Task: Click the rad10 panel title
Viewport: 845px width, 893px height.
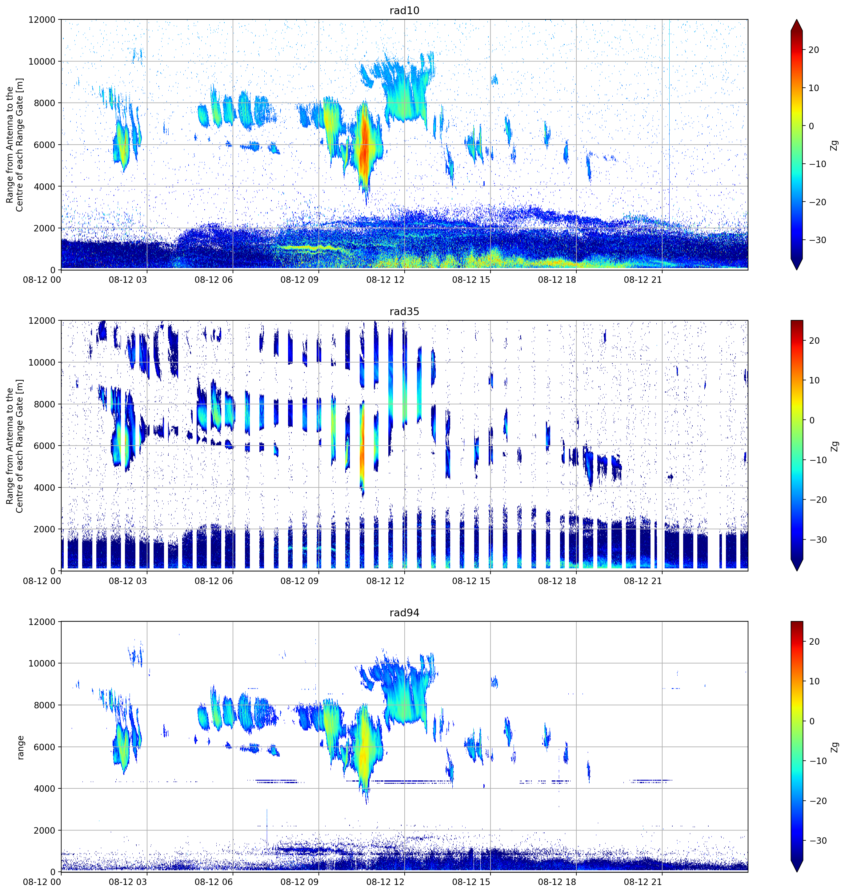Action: pyautogui.click(x=404, y=10)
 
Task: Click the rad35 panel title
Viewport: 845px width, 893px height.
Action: pyautogui.click(x=404, y=312)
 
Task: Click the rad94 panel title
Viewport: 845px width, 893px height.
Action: pyautogui.click(x=404, y=613)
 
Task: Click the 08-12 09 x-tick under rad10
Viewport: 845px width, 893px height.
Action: pyautogui.click(x=299, y=280)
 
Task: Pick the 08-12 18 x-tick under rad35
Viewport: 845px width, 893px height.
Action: pyautogui.click(x=557, y=581)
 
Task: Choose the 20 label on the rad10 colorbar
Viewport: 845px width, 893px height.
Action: pyautogui.click(x=814, y=50)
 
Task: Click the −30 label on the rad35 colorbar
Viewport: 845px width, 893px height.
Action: pyautogui.click(x=815, y=539)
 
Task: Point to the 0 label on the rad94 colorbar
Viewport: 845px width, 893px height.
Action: pyautogui.click(x=812, y=721)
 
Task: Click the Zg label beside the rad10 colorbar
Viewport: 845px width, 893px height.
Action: pyautogui.click(x=835, y=145)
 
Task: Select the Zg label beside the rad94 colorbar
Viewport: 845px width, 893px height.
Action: pyautogui.click(x=835, y=747)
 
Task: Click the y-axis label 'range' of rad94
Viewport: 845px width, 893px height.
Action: pyautogui.click(x=20, y=747)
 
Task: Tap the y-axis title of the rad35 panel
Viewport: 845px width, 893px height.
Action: pyautogui.click(x=15, y=446)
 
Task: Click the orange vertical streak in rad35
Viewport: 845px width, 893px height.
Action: pyautogui.click(x=362, y=446)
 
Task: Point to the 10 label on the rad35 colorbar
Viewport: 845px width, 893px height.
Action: pyautogui.click(x=814, y=381)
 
